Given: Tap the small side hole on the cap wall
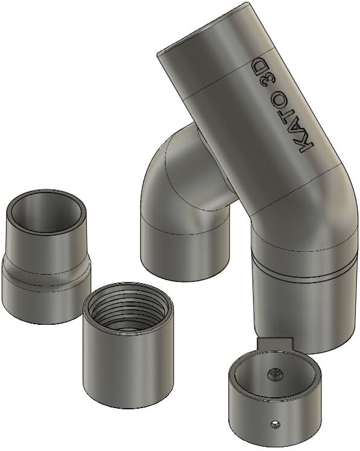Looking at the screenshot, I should (x=275, y=422).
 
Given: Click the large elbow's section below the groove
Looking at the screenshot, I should (x=302, y=308).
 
